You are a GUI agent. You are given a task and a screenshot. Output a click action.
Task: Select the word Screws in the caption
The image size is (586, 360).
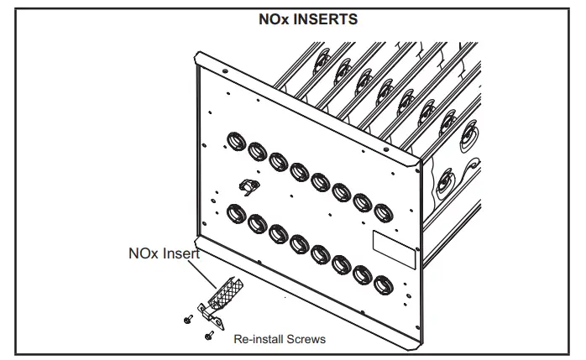306,339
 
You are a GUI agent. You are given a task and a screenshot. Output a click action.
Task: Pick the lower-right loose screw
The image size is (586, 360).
207,334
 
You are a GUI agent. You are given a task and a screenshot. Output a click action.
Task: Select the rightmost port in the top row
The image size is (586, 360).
383,211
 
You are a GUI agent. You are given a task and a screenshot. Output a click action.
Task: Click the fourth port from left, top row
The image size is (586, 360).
300,172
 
